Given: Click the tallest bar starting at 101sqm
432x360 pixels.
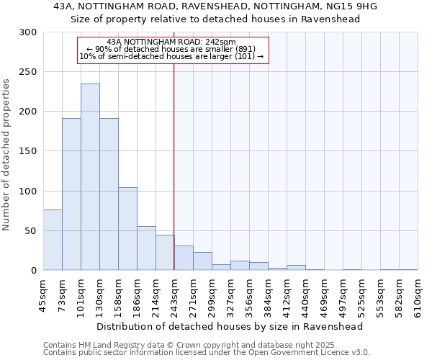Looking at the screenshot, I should click(x=90, y=177).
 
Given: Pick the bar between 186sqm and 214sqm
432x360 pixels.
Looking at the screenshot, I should click(x=146, y=248).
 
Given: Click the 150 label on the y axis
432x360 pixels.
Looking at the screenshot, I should click(x=28, y=151).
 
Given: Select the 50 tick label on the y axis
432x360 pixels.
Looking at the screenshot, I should click(x=31, y=230).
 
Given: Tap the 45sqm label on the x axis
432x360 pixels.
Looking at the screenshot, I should click(x=43, y=295).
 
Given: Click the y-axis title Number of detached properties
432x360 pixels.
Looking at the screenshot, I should click(x=6, y=155).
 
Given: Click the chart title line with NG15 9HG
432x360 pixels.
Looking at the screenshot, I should click(x=215, y=6).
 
